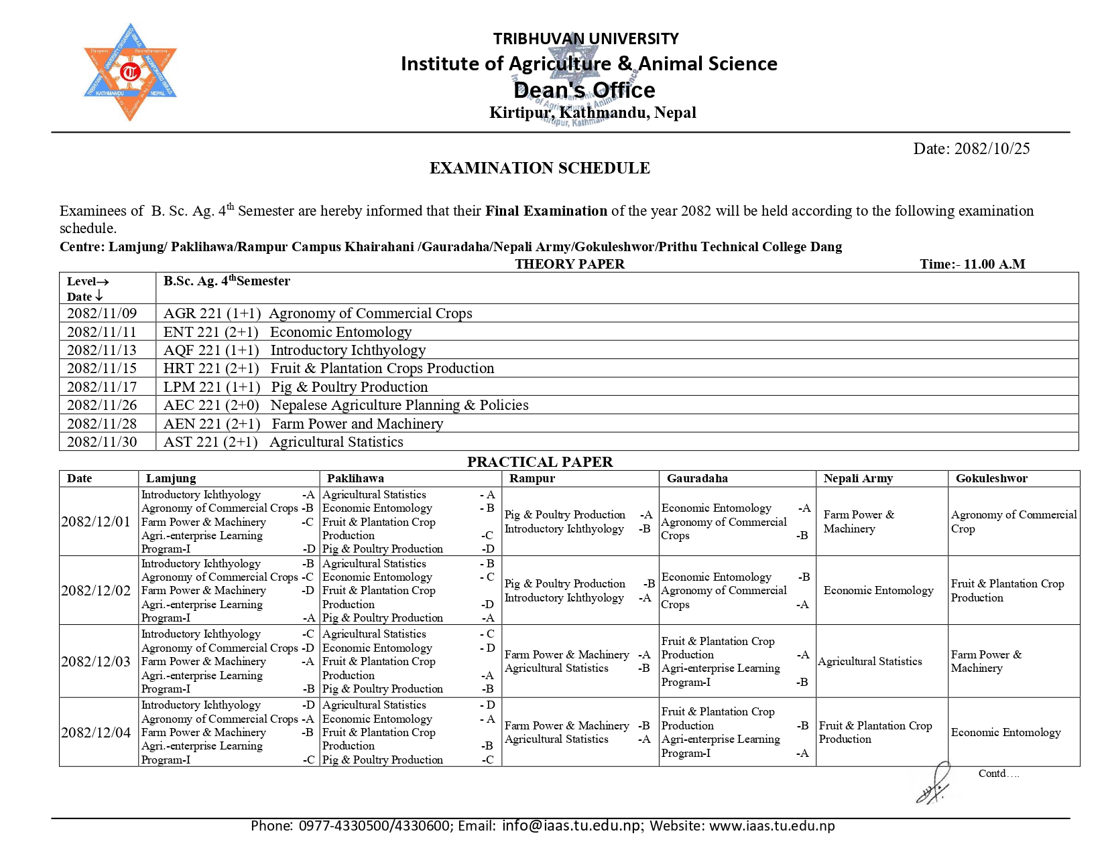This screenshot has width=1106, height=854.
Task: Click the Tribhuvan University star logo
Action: coord(130,72)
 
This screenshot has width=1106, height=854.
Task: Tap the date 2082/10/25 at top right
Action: coord(991,149)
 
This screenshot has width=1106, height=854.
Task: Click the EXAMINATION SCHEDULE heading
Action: coord(540,168)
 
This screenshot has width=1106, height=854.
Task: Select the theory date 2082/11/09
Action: coord(102,313)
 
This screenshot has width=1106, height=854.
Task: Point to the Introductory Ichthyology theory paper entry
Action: coord(347,350)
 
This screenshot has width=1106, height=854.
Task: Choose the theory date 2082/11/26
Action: coord(102,405)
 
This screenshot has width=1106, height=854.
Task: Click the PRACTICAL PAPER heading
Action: coord(540,462)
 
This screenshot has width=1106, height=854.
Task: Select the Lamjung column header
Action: coord(171,478)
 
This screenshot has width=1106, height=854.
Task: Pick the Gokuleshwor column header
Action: coord(991,478)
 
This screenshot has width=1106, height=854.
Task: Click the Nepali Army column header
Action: coord(858,478)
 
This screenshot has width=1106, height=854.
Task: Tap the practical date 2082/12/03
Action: coord(96,662)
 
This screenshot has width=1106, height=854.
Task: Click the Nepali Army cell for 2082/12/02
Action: coord(878,590)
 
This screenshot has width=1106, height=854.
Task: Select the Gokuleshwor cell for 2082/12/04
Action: coord(1005,732)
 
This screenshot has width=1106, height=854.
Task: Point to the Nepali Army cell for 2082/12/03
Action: coord(870,662)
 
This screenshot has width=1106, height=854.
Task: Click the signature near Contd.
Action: coord(934,786)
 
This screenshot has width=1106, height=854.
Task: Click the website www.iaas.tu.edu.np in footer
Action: coord(772,826)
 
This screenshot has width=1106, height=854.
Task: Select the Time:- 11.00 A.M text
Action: coord(972,264)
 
